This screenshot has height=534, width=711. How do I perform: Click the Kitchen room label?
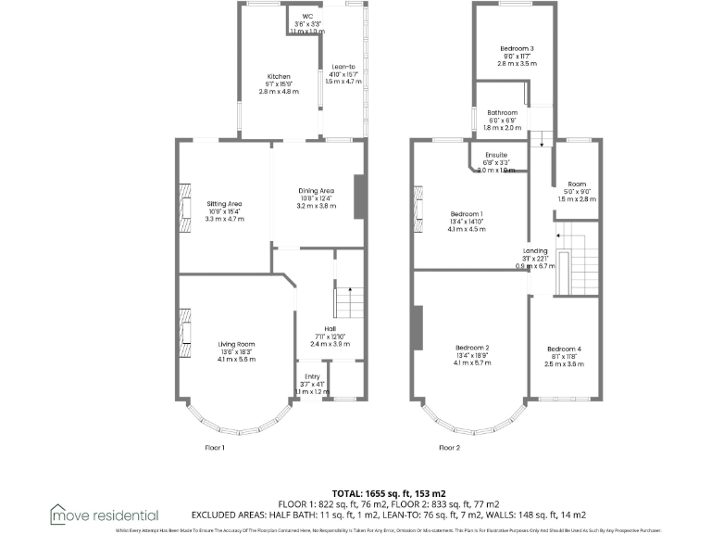point(280,77)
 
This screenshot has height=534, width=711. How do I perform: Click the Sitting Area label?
point(224,203)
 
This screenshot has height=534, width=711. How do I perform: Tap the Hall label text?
point(330,328)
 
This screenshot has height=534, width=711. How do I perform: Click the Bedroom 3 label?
point(518,48)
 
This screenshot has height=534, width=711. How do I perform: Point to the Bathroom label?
point(503,113)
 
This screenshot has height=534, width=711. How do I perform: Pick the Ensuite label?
point(495,156)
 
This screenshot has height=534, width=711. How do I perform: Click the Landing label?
point(535,250)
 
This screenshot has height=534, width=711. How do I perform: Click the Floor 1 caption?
point(215,447)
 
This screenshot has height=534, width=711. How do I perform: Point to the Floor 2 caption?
point(449,447)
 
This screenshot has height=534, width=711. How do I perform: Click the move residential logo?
point(104,514)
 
